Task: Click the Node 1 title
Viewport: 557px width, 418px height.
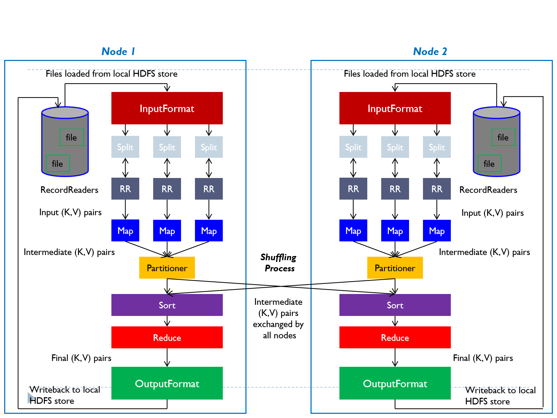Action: pos(118,51)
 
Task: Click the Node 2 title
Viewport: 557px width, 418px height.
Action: pos(430,51)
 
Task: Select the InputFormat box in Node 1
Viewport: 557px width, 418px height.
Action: pos(167,108)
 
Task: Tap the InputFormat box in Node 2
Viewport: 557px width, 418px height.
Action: pos(395,108)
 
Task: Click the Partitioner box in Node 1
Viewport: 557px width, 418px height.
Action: pos(167,268)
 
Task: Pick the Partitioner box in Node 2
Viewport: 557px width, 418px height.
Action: pos(395,268)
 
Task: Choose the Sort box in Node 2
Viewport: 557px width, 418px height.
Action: pos(395,305)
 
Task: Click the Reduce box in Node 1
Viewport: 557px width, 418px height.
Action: pos(167,337)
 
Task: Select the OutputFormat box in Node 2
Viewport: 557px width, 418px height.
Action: pos(395,383)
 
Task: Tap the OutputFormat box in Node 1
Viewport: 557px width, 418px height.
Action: pos(167,383)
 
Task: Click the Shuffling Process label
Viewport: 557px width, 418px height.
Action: pos(278,263)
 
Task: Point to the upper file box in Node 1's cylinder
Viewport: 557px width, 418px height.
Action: pos(72,137)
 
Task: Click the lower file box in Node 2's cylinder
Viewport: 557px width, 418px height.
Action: pos(489,163)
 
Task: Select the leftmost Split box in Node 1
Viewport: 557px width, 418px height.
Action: pos(125,147)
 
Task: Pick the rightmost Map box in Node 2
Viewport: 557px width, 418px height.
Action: pos(437,231)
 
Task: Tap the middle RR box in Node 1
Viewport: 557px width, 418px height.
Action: pos(167,189)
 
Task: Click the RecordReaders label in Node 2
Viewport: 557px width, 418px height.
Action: pos(488,190)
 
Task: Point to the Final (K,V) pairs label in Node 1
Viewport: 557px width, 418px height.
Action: pos(81,358)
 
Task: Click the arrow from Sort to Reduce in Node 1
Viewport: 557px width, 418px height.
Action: pos(167,321)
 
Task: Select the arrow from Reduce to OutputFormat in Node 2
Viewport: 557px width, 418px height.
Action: pos(395,358)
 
